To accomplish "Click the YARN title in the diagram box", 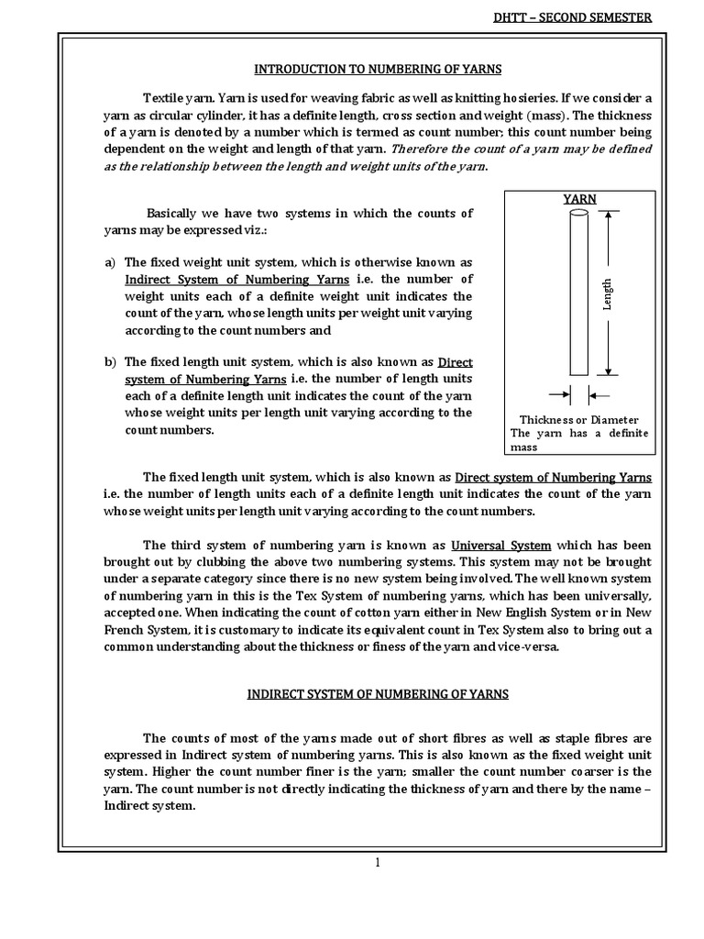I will tap(578, 198).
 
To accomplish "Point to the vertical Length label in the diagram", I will tap(607, 293).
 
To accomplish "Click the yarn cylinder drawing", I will tap(578, 293).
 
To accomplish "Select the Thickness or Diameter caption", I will tap(578, 419).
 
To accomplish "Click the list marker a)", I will tap(111, 261).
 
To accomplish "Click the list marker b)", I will tap(111, 362).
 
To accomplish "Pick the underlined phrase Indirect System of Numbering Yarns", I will tap(236, 279).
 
